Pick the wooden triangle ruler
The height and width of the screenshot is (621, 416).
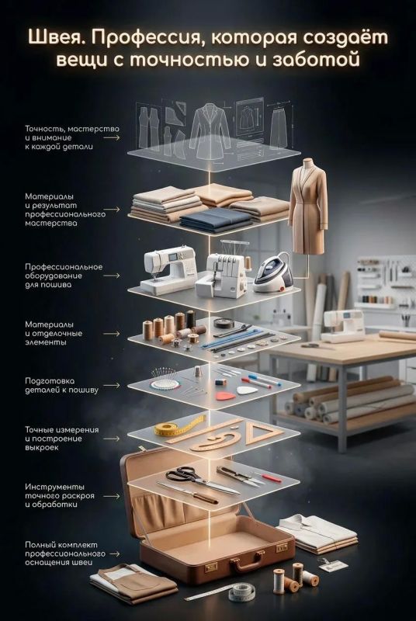[x=261, y=432]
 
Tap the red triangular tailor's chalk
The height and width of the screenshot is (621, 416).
[x=224, y=395]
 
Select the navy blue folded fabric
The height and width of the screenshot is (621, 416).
[x=216, y=220]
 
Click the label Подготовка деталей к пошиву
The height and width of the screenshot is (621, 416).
[x=62, y=385]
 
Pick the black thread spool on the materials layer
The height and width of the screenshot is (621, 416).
[x=191, y=319]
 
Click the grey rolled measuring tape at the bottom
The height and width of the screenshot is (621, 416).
[x=241, y=593]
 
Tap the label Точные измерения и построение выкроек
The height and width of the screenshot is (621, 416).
[x=62, y=439]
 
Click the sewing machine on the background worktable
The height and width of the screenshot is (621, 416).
[x=343, y=325]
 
